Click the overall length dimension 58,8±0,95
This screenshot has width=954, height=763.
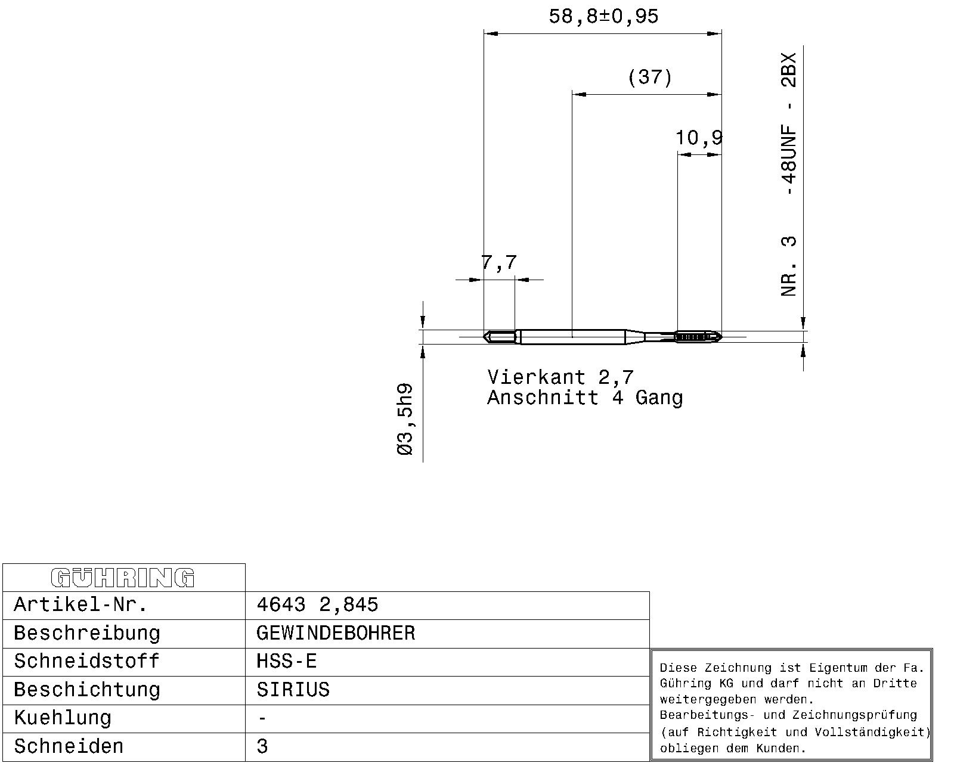pos(603,17)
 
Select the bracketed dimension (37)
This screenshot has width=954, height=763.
pos(650,77)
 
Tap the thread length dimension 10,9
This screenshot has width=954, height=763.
pos(699,138)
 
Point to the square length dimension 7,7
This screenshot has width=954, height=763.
pos(499,262)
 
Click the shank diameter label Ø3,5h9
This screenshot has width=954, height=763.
pos(405,419)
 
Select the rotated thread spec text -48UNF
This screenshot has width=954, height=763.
pos(789,160)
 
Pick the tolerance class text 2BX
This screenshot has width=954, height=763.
pos(789,70)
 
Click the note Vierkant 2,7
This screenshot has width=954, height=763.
pos(560,377)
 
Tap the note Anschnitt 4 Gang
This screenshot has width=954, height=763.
pos(585,398)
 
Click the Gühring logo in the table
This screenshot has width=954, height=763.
pos(123,578)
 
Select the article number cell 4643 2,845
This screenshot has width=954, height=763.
pos(317,604)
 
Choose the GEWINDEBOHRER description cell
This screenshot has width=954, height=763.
pos(336,633)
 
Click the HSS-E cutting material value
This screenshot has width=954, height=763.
pos(286,662)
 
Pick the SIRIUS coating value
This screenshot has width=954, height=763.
pos(293,690)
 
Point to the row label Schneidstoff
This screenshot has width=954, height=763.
pos(86,662)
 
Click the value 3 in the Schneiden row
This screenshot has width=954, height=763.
pos(262,746)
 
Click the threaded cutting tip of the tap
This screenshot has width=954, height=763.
pos(699,337)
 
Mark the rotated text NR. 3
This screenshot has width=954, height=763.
pos(789,266)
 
